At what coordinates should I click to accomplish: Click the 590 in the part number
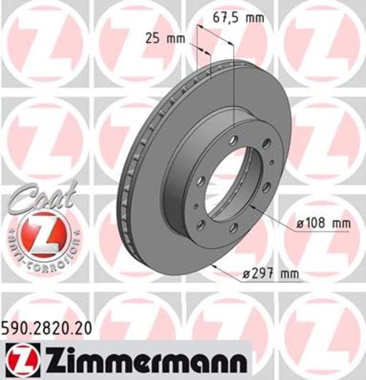15,328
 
